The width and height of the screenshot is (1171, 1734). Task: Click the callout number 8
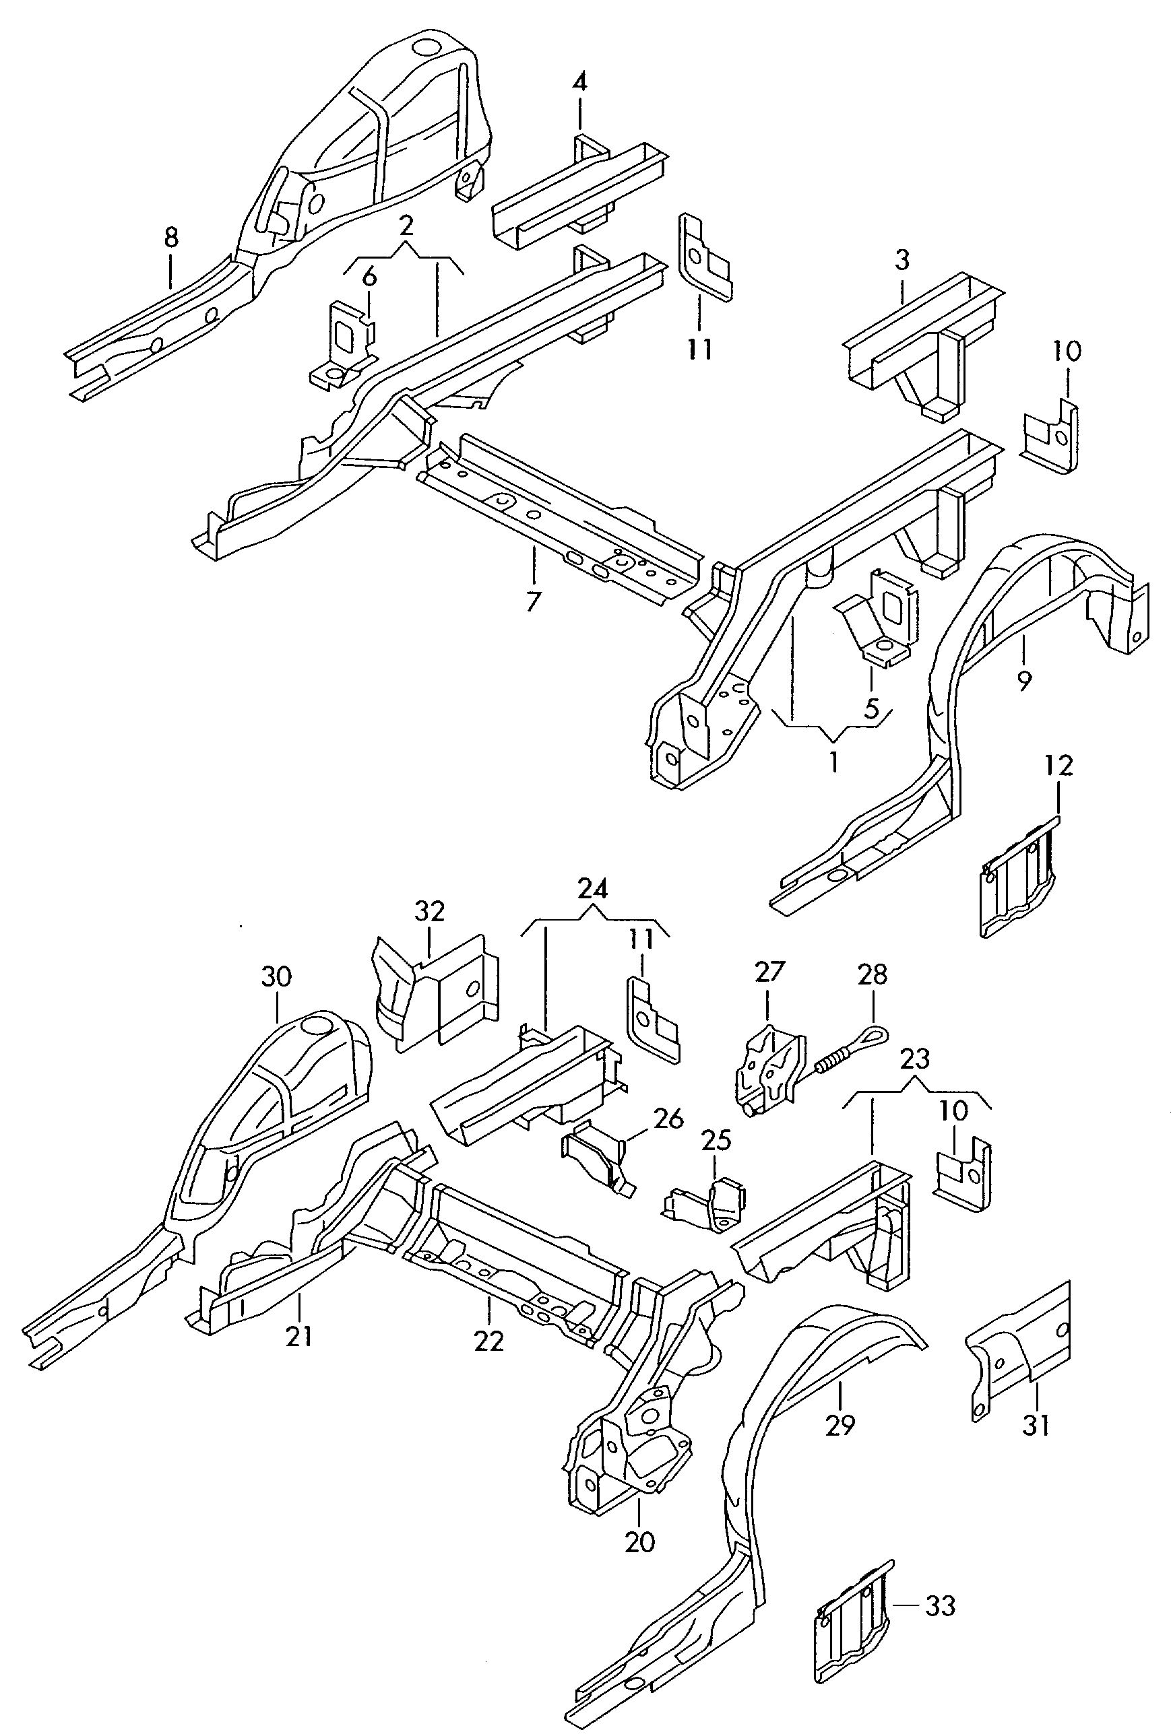171,239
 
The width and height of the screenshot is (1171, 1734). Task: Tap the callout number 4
579,81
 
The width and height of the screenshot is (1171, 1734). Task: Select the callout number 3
901,261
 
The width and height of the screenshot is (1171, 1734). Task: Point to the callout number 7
533,601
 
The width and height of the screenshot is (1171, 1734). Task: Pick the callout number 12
1059,766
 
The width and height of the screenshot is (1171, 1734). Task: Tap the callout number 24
593,888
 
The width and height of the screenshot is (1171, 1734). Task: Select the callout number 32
430,911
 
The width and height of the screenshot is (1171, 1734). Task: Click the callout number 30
276,976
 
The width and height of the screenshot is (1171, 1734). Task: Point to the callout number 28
873,974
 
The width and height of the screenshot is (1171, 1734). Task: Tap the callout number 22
489,1341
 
